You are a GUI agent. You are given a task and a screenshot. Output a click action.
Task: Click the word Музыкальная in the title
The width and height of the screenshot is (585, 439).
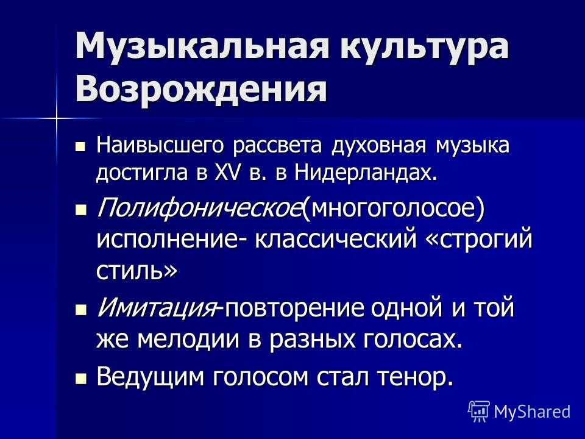click(202, 46)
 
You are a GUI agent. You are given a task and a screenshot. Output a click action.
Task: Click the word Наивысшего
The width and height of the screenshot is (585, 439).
click(160, 145)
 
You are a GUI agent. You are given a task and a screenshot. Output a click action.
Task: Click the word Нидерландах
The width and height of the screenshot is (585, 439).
click(365, 174)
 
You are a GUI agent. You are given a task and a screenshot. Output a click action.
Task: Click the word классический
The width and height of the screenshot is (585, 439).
click(335, 238)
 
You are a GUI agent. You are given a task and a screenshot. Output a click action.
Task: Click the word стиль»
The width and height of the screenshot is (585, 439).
click(136, 270)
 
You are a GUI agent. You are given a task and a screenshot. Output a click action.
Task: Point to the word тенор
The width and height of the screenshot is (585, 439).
click(416, 377)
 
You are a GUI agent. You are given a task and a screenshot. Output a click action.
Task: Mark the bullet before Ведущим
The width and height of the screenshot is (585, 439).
click(80, 379)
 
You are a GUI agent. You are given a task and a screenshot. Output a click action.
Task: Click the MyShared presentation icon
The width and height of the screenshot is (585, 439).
click(479, 412)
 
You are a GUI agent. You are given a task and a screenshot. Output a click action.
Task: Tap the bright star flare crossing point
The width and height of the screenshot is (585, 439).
click(57, 118)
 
